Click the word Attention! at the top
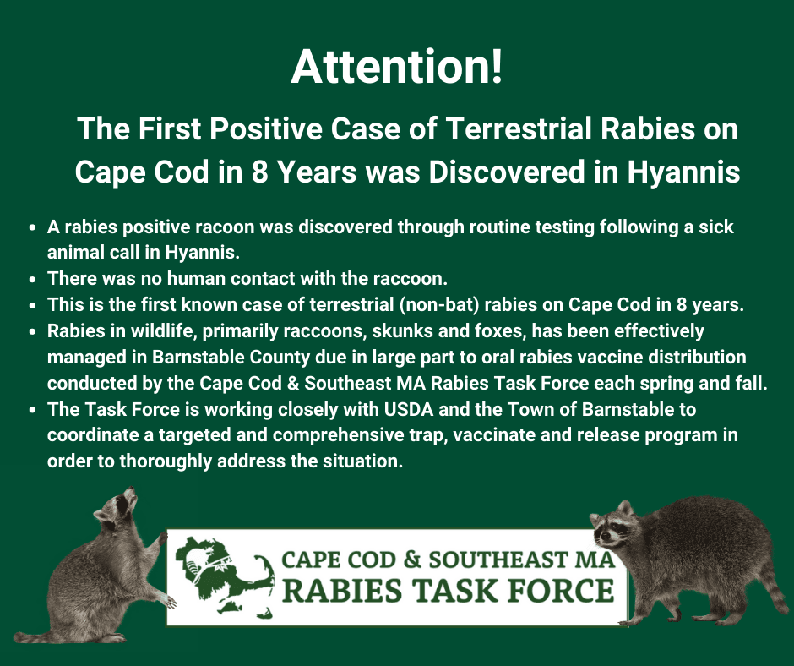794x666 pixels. [397, 67]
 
